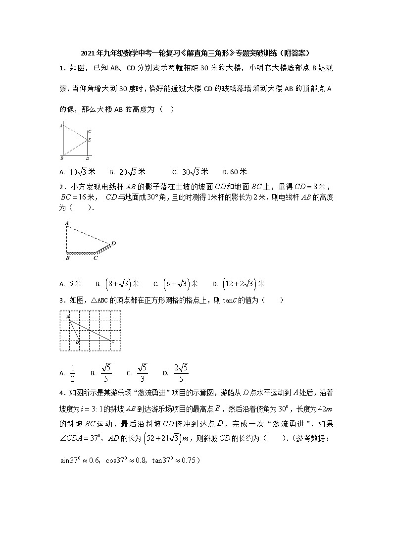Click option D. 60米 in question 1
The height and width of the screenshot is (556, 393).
point(235,172)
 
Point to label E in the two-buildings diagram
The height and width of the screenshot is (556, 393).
point(90,140)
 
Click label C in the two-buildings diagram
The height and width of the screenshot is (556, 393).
point(89,131)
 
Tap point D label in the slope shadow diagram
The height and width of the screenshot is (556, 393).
point(113,243)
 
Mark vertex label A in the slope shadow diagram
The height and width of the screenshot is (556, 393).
point(66,224)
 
